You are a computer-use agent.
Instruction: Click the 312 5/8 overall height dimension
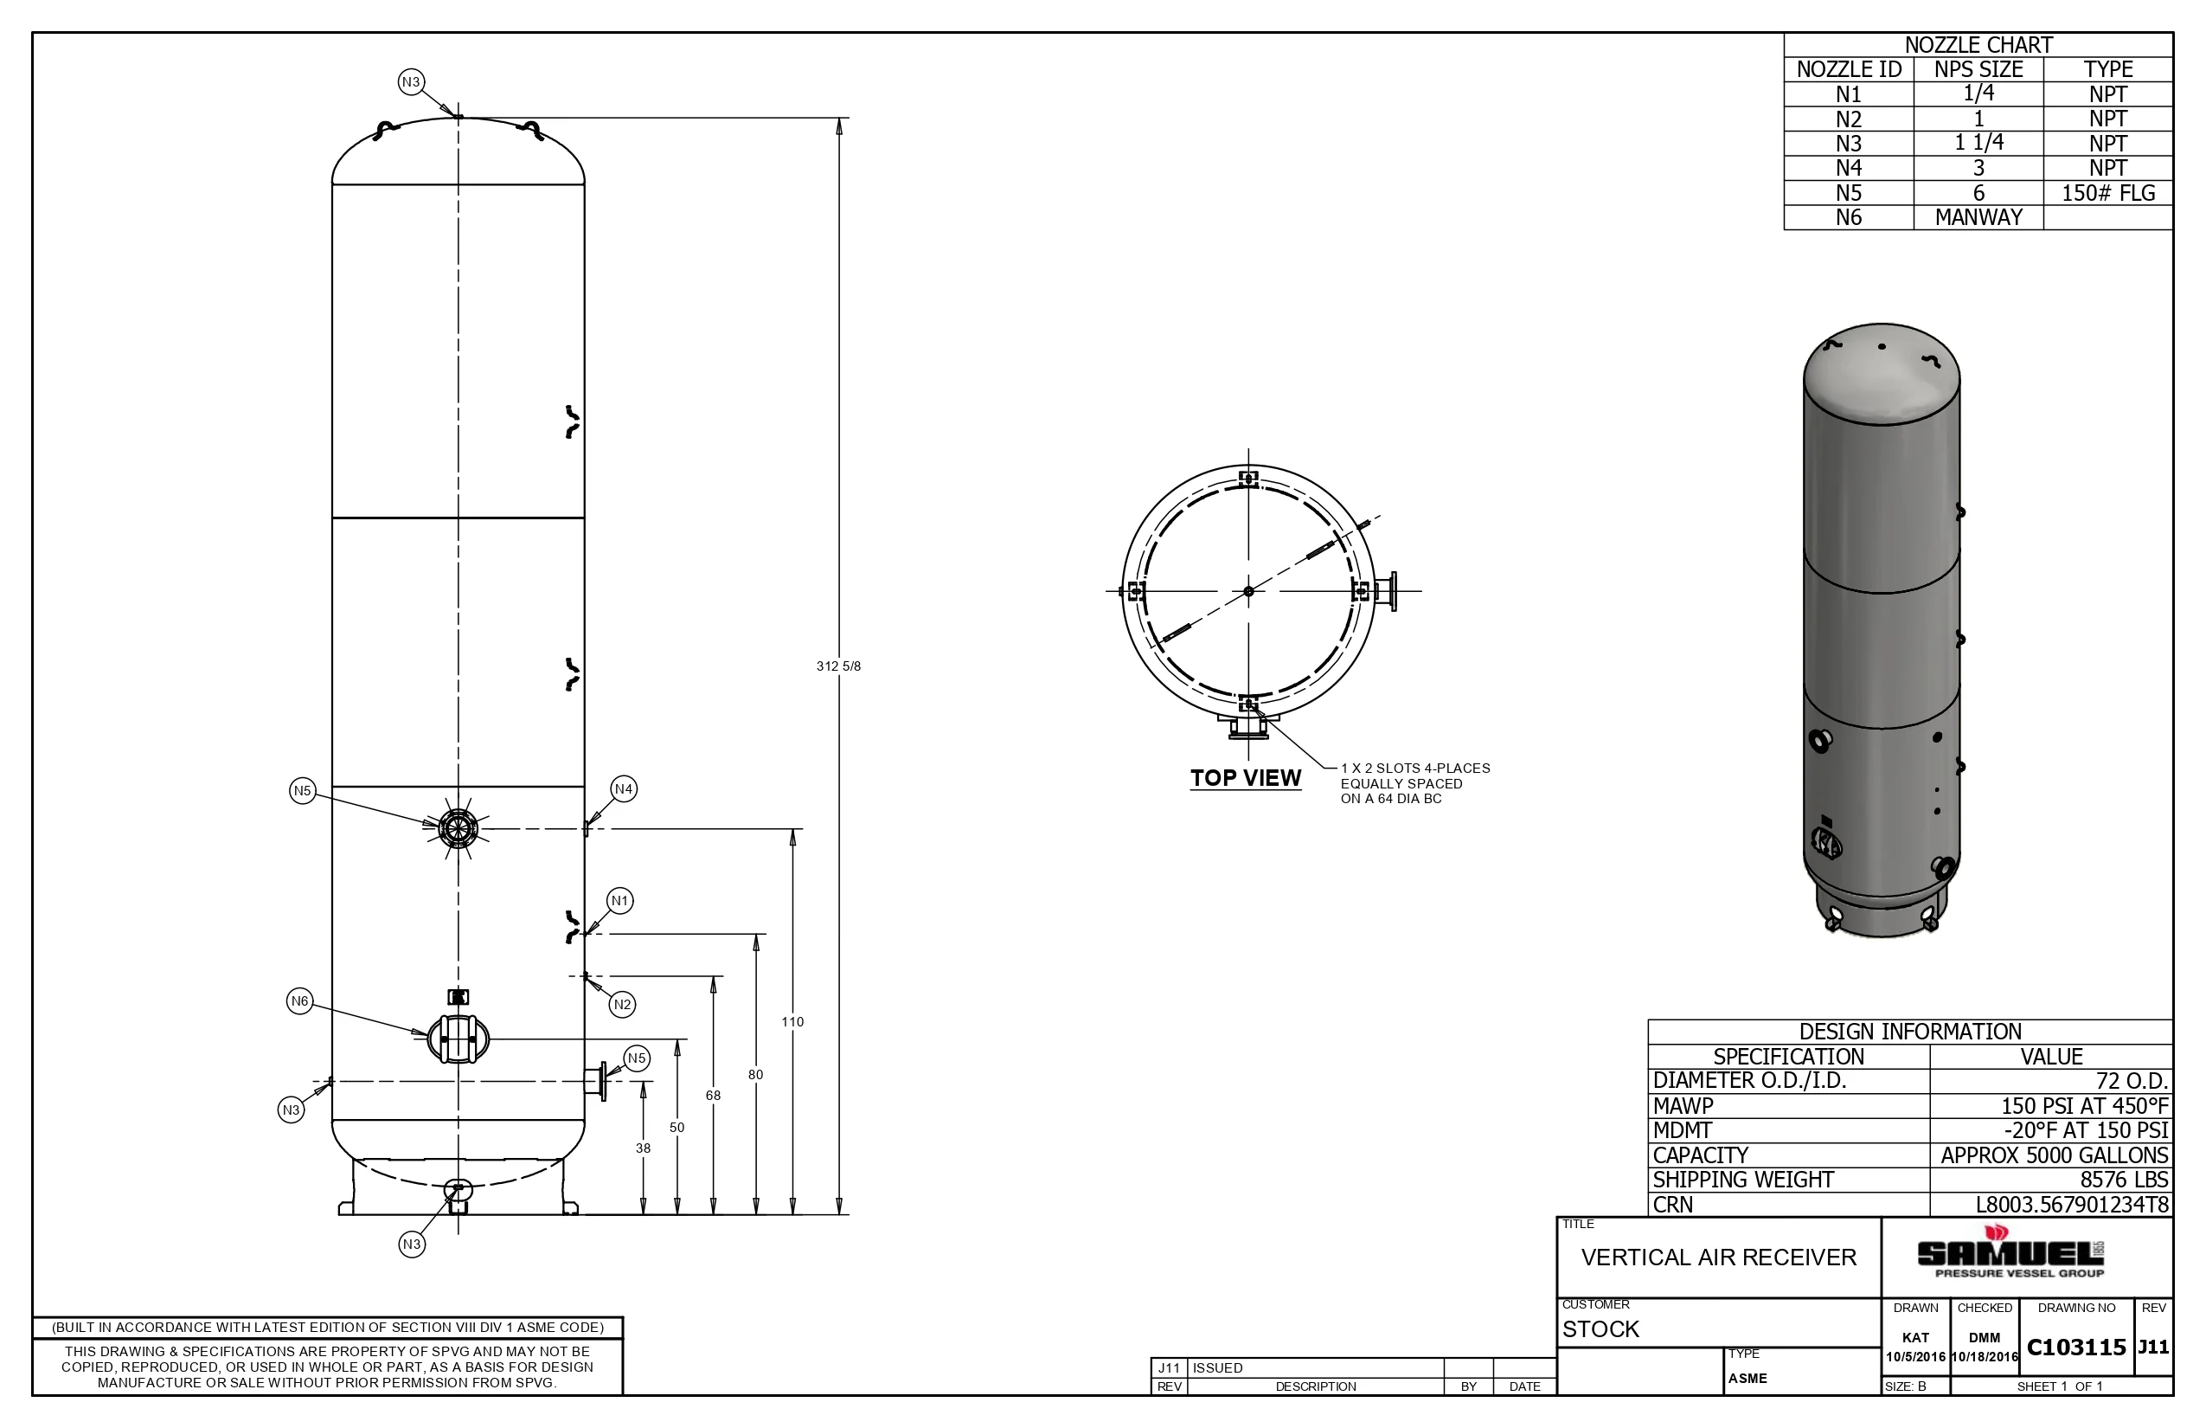tap(838, 666)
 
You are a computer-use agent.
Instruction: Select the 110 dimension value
tap(792, 1022)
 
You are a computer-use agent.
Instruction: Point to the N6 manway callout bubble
tap(299, 1000)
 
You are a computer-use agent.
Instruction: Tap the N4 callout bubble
tap(624, 789)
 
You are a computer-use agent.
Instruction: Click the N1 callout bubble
tap(620, 900)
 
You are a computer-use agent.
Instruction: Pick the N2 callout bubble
tap(622, 1004)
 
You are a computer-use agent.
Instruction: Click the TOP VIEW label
tap(1246, 778)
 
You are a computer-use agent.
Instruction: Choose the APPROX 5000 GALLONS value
tap(2054, 1155)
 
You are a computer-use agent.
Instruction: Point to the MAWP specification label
tap(1683, 1106)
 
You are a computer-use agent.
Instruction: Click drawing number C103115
tap(2076, 1348)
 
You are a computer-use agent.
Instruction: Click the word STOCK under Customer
tap(1600, 1328)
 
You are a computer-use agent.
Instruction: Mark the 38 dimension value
tap(644, 1148)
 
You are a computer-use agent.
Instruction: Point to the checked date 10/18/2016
tap(1985, 1357)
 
